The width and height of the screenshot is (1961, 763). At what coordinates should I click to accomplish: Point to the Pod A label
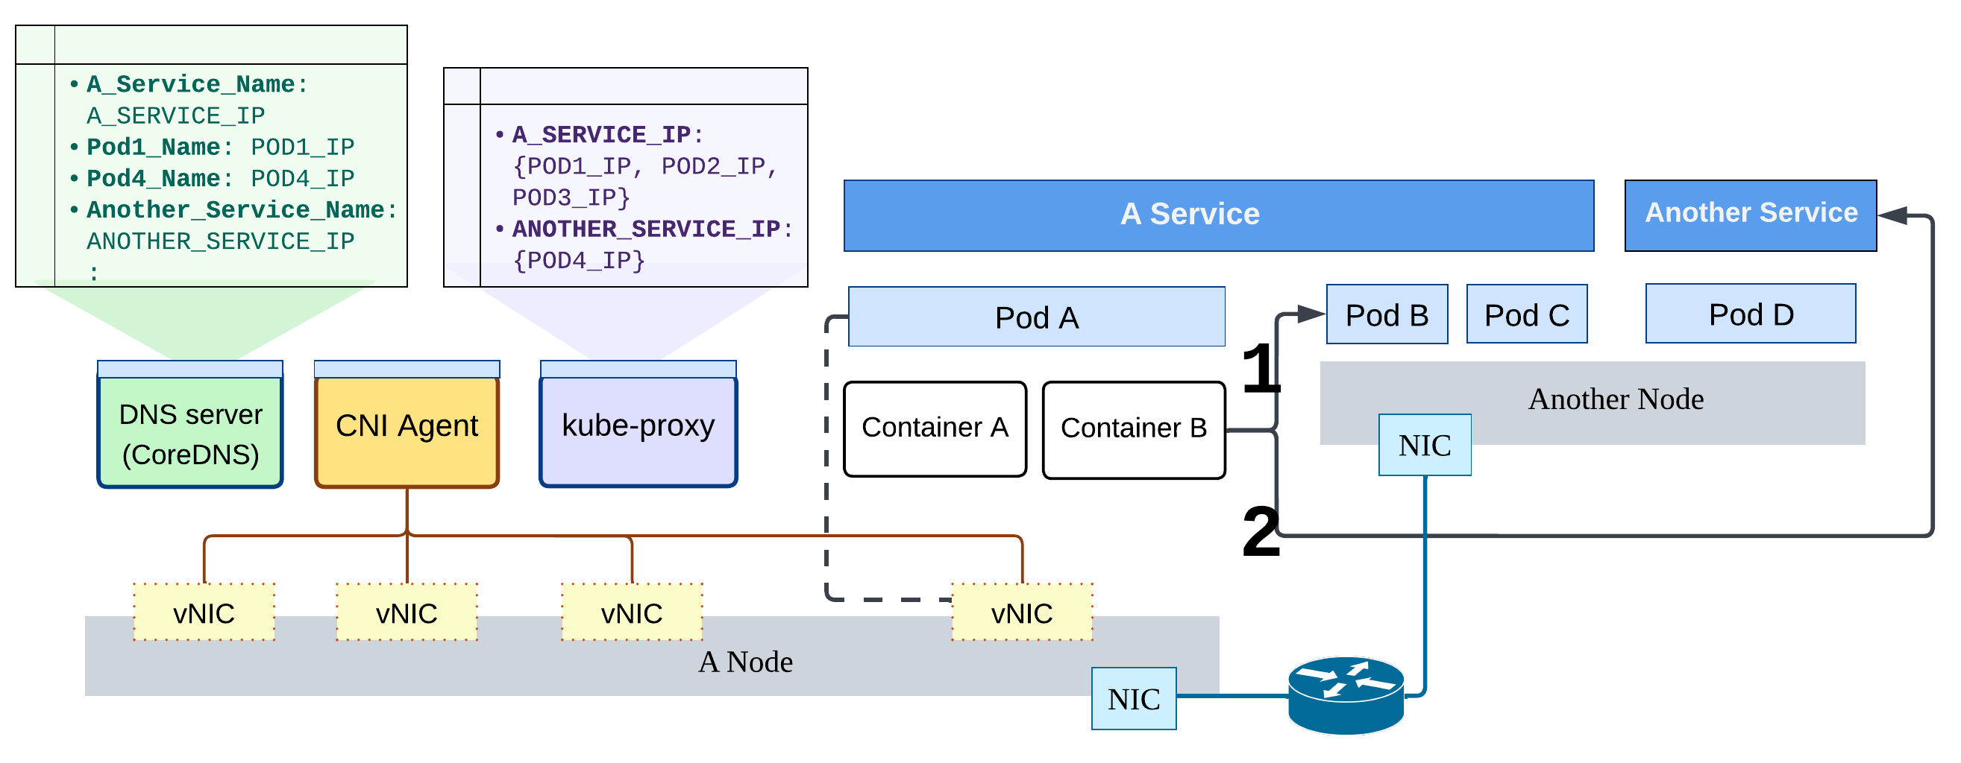click(x=1037, y=318)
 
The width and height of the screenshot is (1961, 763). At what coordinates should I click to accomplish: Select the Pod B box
click(x=1387, y=315)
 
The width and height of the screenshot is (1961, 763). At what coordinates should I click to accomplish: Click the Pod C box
click(x=1527, y=315)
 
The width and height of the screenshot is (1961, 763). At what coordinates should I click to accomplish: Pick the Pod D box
click(x=1751, y=314)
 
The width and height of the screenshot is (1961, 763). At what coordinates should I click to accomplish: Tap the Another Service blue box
click(x=1751, y=215)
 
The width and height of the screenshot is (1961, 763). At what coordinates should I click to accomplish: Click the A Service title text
click(x=1190, y=215)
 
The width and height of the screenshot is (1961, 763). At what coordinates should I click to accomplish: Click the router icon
click(x=1346, y=695)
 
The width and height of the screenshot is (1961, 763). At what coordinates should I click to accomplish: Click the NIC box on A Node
click(x=1134, y=699)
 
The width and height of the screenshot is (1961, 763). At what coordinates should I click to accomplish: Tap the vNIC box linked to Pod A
click(x=1022, y=613)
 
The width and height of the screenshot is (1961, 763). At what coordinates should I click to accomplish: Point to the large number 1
click(x=1260, y=368)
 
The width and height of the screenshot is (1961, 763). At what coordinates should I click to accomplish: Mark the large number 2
click(x=1260, y=533)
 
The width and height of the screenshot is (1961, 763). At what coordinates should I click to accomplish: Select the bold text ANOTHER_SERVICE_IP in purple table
click(x=646, y=229)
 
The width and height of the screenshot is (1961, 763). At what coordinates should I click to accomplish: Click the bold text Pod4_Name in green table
click(x=153, y=179)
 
